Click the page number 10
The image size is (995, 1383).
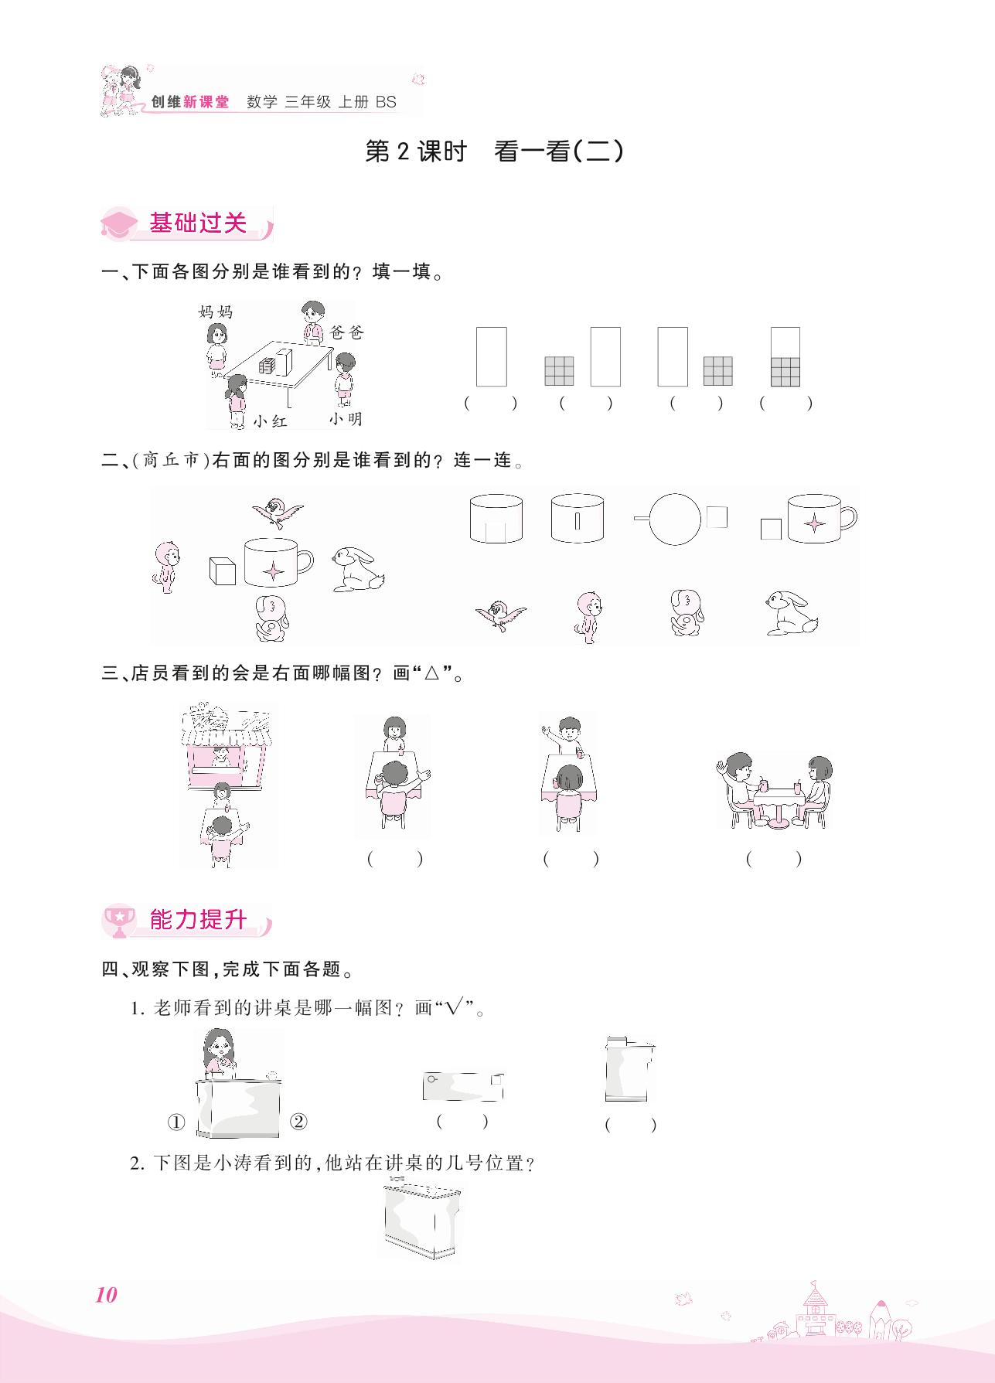pos(106,1295)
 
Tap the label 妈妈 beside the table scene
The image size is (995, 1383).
pos(215,312)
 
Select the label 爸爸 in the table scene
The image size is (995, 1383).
pos(346,332)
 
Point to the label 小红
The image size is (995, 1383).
pos(270,421)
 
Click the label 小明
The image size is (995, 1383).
pos(345,418)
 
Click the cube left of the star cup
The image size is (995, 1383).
pos(222,570)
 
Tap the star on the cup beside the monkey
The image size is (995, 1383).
pos(272,571)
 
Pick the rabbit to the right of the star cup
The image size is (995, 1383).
pos(358,569)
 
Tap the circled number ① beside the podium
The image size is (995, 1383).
pos(176,1122)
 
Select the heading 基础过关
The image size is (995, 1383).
pos(198,223)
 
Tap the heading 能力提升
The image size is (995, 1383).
pos(198,920)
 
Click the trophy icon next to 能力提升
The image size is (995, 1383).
pos(119,920)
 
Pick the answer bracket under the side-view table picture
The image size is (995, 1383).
pos(773,858)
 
